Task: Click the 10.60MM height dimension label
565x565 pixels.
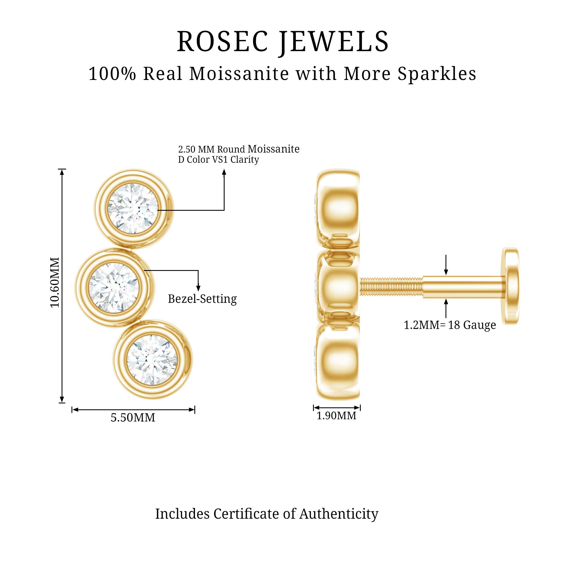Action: [x=55, y=282]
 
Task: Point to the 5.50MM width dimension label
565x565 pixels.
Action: [x=133, y=418]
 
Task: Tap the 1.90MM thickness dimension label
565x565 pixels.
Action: [x=336, y=416]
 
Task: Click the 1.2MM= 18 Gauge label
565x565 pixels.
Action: [x=450, y=325]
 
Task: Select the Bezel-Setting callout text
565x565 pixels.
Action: [x=202, y=299]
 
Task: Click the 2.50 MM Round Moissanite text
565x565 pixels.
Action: [x=239, y=149]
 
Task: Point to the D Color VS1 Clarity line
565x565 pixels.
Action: [x=218, y=160]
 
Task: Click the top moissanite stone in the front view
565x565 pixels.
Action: [x=133, y=208]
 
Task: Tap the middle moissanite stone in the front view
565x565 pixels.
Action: [x=114, y=288]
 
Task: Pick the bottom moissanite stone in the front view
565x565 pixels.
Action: [x=152, y=360]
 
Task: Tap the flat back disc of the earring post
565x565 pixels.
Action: [x=510, y=286]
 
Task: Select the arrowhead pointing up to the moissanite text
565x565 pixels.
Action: [x=224, y=172]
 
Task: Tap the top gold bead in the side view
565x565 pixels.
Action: [x=338, y=208]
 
